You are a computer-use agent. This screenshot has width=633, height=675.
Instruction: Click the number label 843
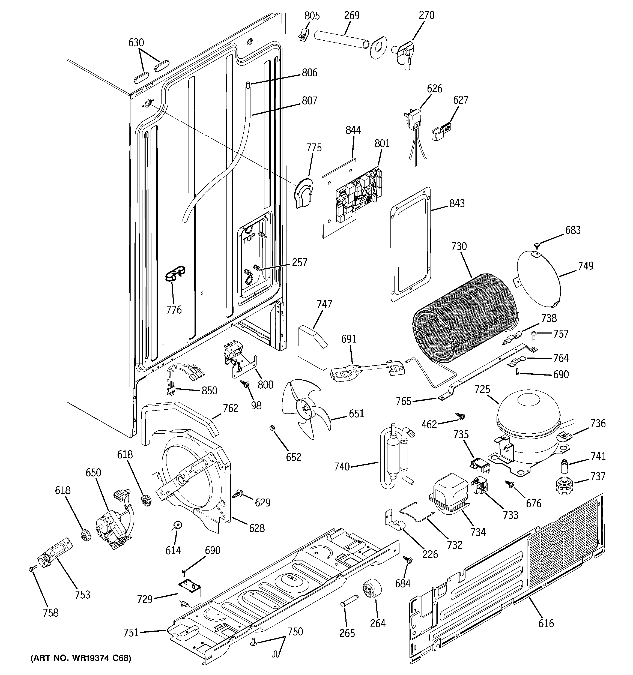coord(457,203)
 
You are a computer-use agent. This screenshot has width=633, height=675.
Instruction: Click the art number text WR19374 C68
coord(80,658)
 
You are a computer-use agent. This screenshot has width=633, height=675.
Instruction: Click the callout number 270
coord(426,15)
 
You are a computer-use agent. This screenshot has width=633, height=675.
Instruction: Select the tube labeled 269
coord(342,40)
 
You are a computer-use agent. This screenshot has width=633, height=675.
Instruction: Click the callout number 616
coord(546,623)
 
